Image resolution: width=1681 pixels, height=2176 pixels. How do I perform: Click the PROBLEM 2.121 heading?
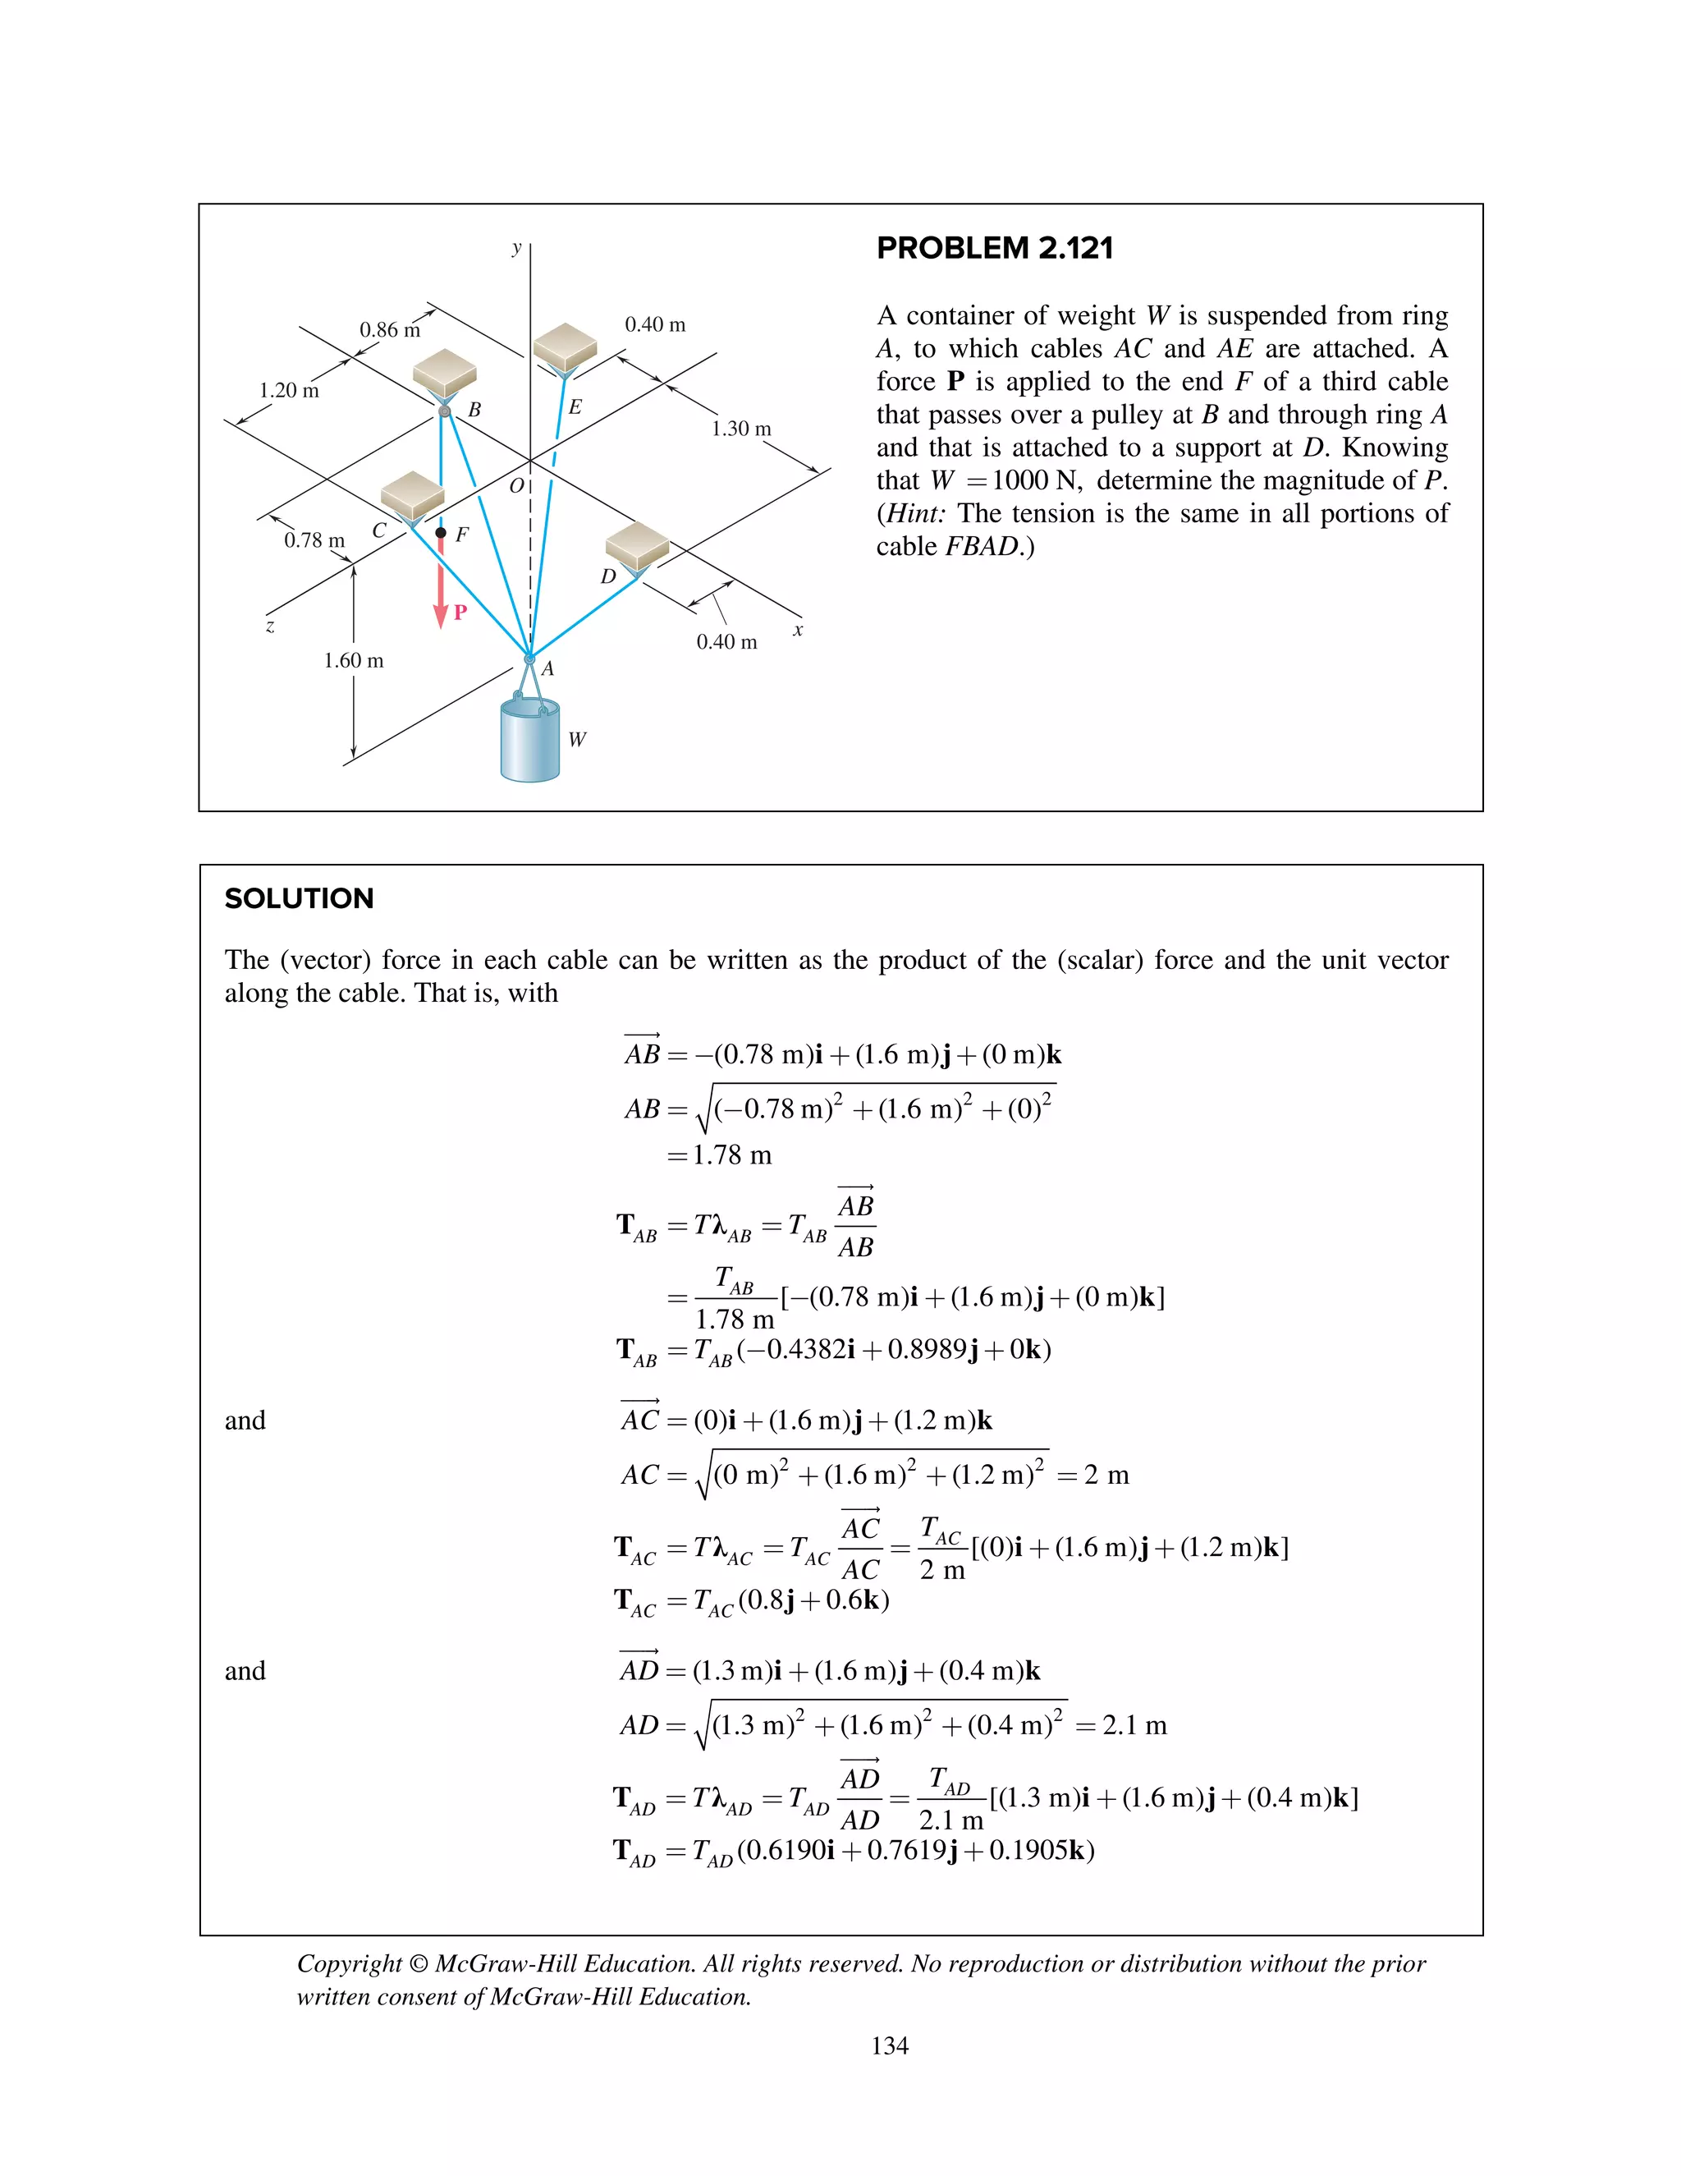point(994,248)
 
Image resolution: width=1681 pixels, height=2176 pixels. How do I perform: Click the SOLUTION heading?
point(299,898)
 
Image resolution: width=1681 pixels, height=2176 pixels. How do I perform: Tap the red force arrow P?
point(441,593)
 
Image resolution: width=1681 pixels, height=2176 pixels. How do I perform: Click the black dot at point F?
point(441,533)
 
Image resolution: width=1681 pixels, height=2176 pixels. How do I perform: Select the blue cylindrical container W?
point(529,742)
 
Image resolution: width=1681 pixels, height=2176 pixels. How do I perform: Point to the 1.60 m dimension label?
point(354,660)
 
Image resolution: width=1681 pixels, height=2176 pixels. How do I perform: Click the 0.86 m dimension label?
point(389,330)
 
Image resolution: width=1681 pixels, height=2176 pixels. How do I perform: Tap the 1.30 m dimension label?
point(741,429)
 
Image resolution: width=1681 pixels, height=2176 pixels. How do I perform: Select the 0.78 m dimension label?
point(314,540)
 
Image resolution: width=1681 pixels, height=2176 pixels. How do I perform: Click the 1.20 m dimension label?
point(289,391)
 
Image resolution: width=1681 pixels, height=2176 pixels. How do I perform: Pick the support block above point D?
point(636,545)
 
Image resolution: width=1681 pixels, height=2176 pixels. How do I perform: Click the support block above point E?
point(565,346)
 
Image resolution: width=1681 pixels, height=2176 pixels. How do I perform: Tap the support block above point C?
point(412,494)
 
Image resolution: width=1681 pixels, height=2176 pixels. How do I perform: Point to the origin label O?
point(515,486)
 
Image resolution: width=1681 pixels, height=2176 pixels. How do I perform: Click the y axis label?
point(515,248)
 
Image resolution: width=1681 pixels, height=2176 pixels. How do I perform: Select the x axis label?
point(798,630)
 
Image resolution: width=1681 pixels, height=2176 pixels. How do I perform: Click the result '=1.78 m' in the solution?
point(719,1156)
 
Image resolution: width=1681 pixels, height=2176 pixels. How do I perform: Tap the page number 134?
point(889,2045)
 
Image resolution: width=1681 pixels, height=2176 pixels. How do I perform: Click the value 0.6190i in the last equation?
point(790,1850)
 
